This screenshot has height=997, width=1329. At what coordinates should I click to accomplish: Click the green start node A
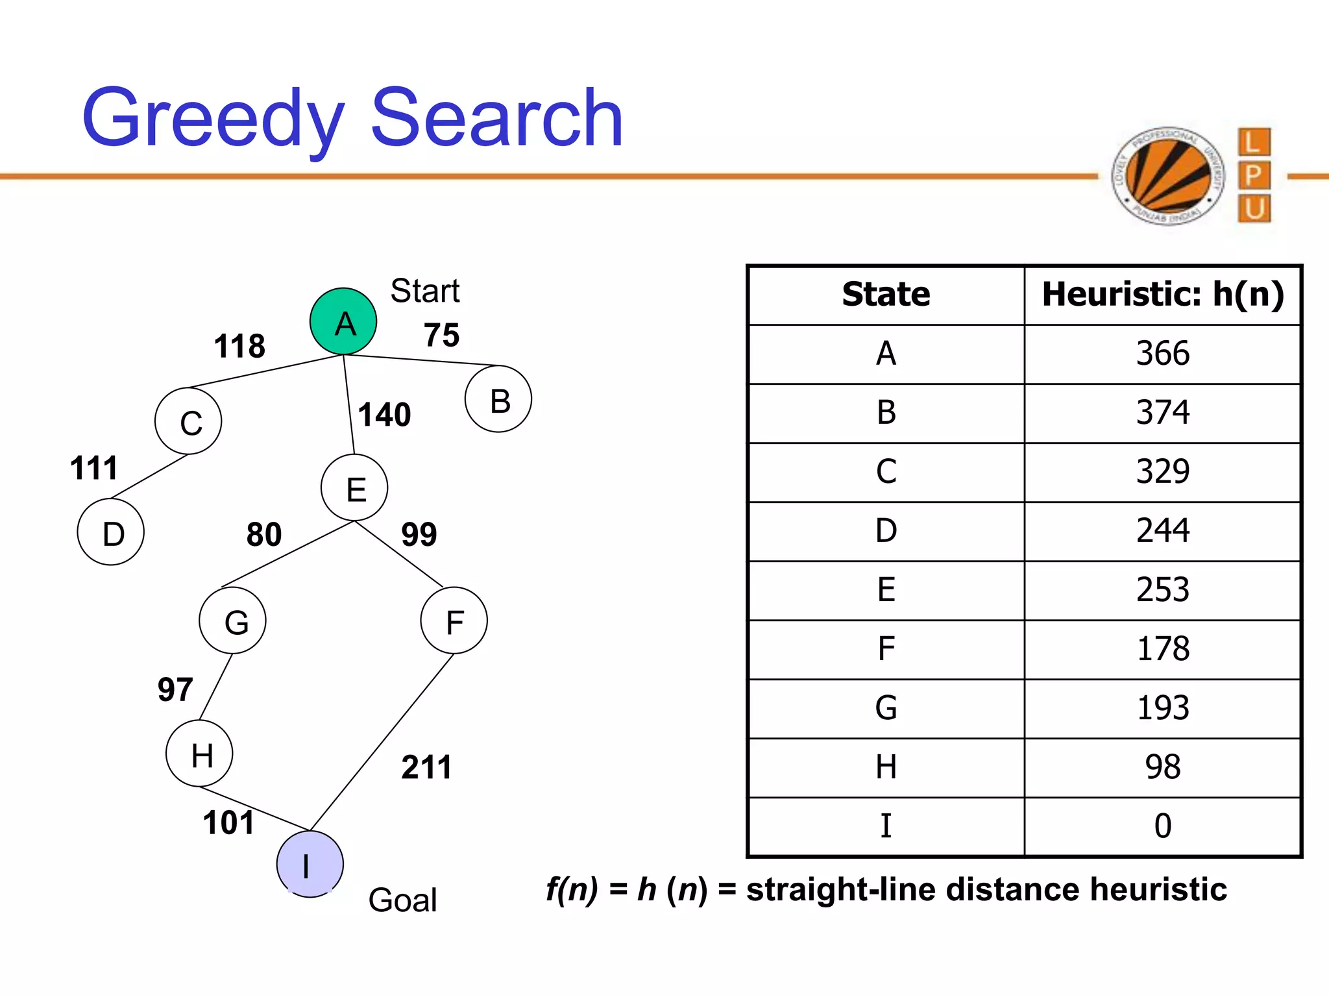point(343,321)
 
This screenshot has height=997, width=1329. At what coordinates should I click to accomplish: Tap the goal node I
point(310,864)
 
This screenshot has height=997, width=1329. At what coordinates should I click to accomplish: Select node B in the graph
point(498,399)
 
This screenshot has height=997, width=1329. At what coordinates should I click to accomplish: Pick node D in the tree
point(111,532)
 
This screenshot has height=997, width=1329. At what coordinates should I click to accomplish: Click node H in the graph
point(199,754)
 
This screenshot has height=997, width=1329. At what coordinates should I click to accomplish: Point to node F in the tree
point(454,621)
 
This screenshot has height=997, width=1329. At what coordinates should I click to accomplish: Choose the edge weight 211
point(426,767)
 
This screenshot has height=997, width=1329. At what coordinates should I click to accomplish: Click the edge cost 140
point(385,415)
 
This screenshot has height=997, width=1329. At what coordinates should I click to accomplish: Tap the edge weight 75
point(441,336)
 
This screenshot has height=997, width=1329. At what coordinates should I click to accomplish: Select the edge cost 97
point(175,689)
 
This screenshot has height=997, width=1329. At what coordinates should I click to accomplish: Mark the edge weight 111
point(94,468)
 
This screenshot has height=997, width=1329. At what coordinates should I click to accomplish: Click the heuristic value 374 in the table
point(1163,413)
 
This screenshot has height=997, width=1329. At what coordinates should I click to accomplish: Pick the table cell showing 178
point(1163,649)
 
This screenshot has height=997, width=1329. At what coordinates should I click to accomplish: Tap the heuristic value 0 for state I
point(1163,826)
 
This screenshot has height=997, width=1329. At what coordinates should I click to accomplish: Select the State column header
point(886,295)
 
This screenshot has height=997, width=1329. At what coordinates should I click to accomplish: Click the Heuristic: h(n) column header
point(1163,295)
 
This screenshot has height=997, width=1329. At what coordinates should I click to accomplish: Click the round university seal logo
point(1167,176)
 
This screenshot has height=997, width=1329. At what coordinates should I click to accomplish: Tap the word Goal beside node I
point(402,900)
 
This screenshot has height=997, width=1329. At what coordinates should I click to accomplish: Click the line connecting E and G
point(287,554)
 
